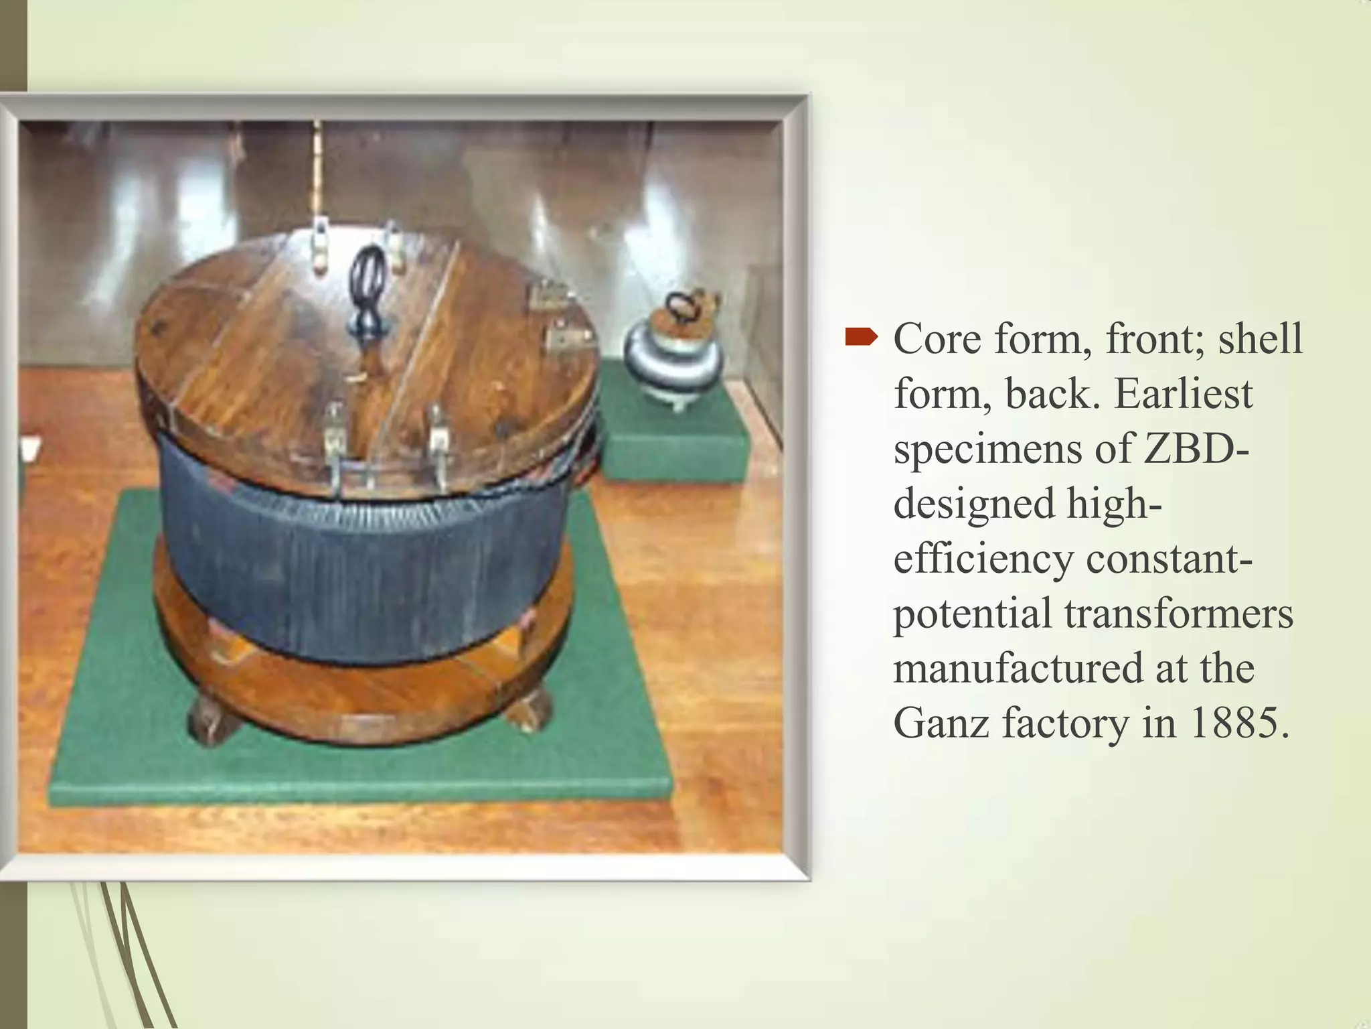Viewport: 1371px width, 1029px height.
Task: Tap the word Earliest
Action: click(x=1183, y=394)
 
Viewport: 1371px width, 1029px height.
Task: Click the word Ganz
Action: click(x=941, y=724)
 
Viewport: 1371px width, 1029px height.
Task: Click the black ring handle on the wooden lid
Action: click(x=367, y=285)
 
